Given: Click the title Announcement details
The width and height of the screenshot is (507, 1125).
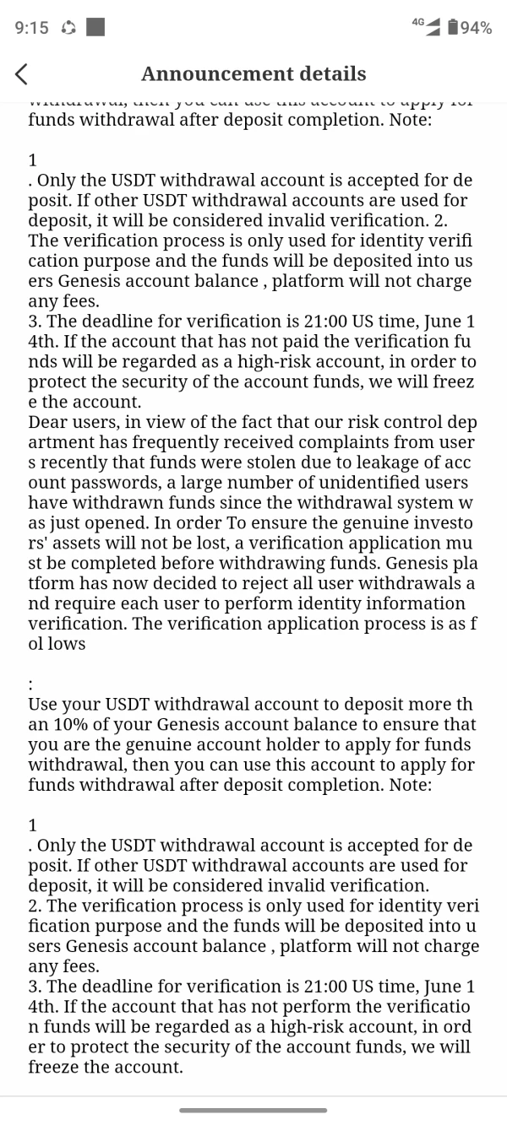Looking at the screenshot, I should tap(253, 74).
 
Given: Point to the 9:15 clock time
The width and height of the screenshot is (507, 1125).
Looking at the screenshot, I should tap(32, 28).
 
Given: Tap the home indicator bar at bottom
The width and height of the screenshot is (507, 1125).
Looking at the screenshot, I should tap(253, 1111).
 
